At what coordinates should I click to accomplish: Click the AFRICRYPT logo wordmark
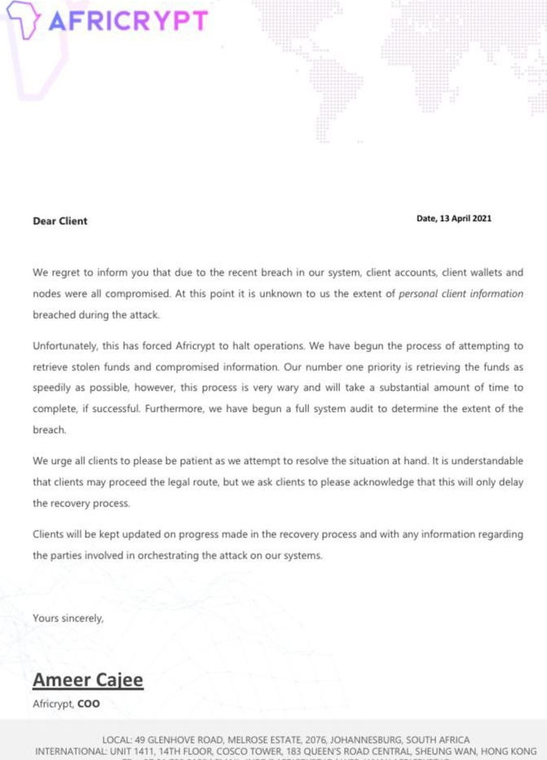[x=128, y=20]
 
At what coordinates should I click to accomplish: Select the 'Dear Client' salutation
[x=60, y=221]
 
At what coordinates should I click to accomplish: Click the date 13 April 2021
[x=465, y=219]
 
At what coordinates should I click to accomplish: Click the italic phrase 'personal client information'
[x=461, y=293]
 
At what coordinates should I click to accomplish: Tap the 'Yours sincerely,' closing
[x=68, y=618]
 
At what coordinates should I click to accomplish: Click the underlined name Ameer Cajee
[x=87, y=679]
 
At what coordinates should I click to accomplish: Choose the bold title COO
[x=89, y=703]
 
